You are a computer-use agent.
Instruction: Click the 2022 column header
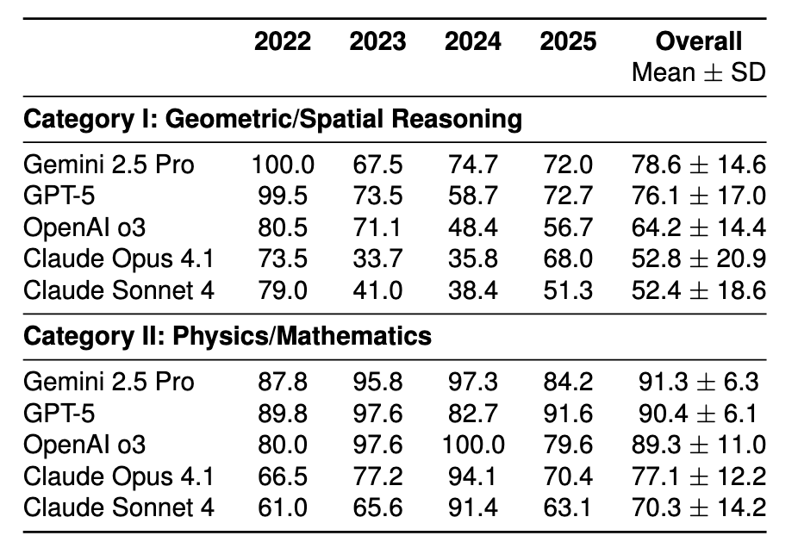coord(283,42)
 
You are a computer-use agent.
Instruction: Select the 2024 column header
coord(472,42)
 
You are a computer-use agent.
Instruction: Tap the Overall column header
coord(698,42)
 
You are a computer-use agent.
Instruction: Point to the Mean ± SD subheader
coord(698,72)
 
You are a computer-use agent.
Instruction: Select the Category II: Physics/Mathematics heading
coord(228,335)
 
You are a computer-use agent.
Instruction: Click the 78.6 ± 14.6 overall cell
coord(698,165)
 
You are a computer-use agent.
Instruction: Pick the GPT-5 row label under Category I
coord(59,196)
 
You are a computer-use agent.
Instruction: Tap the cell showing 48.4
coord(472,227)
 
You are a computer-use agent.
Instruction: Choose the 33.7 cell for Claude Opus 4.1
coord(377,258)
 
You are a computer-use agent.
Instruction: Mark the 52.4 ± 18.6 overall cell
coord(698,290)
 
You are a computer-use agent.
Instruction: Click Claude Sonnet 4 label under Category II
coord(119,507)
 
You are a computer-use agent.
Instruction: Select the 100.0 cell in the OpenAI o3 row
coord(472,445)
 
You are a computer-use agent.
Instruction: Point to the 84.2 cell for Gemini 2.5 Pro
coord(566,382)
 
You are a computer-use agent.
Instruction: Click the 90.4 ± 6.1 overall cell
coord(698,414)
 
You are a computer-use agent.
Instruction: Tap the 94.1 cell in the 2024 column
coord(472,476)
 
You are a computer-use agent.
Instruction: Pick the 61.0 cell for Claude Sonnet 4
coord(283,507)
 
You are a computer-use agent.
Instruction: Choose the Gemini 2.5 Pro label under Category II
coord(109,382)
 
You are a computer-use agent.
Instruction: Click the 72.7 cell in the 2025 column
coord(566,196)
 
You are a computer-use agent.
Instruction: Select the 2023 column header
coord(377,42)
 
